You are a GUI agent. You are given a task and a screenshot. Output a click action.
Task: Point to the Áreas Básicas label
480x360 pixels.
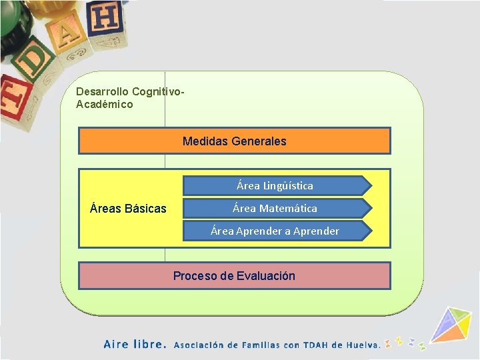(128, 209)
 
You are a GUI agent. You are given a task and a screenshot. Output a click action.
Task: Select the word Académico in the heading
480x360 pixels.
(105, 105)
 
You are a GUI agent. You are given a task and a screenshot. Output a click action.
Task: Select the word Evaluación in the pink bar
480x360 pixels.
(265, 276)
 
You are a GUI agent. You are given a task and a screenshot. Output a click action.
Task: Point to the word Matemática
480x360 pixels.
(288, 209)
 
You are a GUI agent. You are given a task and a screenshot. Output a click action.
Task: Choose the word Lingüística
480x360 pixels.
(288, 186)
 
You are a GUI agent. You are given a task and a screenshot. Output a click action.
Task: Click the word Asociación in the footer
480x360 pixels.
(199, 345)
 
